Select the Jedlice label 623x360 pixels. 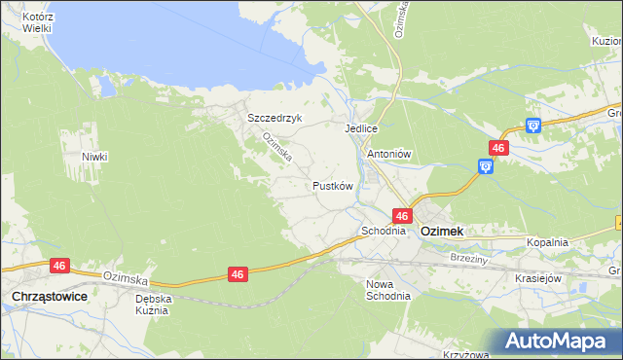point(360,128)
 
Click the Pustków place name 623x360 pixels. point(331,185)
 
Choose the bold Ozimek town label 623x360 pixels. point(441,232)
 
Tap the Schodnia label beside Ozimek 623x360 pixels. point(383,232)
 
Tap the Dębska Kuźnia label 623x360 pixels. point(154,305)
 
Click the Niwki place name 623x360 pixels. point(94,157)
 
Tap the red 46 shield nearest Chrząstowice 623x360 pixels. point(58,265)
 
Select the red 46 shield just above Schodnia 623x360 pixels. point(401,214)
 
